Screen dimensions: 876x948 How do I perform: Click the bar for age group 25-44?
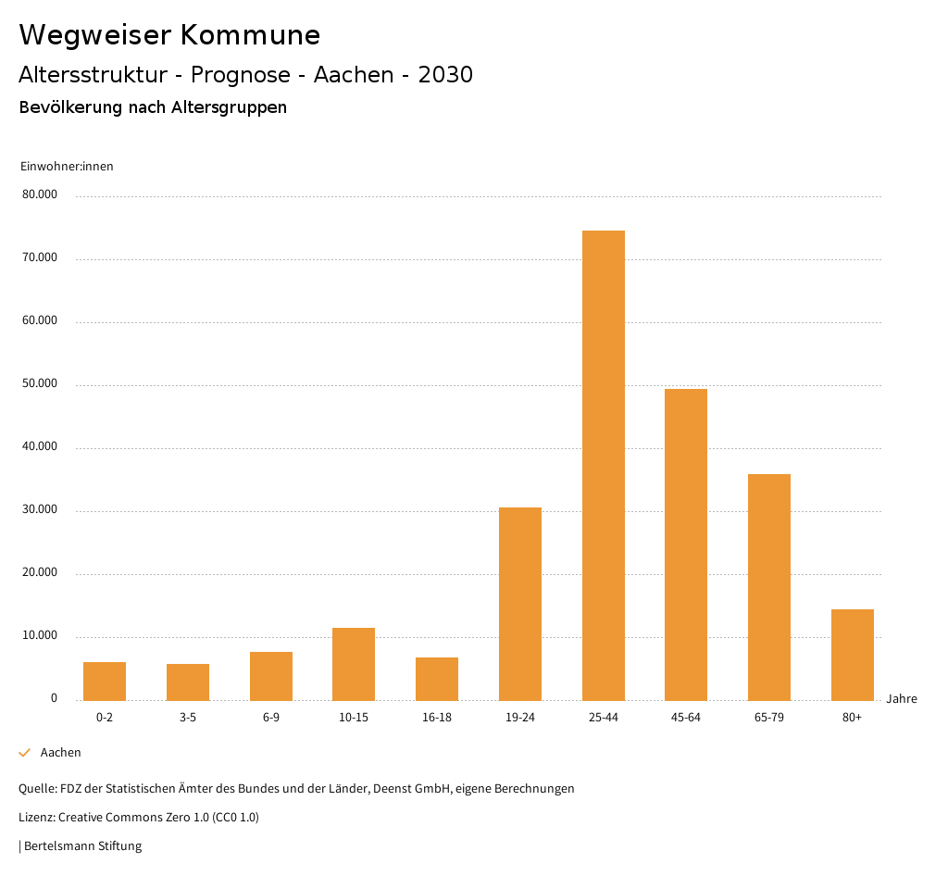coord(604,465)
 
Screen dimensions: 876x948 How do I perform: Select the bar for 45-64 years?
coord(686,544)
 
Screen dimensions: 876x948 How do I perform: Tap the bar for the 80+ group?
coord(853,655)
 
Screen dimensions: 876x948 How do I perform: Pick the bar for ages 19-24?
coord(520,604)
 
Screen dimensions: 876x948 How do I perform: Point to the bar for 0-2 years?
coord(105,681)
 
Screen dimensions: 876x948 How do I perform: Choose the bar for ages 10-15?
coord(354,664)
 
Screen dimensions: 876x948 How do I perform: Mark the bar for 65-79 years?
coord(769,587)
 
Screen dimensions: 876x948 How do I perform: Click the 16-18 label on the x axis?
coord(437,718)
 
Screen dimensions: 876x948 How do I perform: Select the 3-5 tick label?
coord(188,718)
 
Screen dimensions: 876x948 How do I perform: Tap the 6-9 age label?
coord(271,718)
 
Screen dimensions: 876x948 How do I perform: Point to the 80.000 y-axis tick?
coord(40,195)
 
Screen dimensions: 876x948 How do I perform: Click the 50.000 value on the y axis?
coord(40,384)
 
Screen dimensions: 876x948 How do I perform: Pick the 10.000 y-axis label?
coord(40,636)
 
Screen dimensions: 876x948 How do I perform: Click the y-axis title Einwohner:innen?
coord(67,167)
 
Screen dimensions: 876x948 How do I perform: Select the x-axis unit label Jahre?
coord(902,699)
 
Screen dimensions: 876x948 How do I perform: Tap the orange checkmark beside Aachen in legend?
coord(25,753)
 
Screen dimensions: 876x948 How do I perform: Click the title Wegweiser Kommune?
coord(169,35)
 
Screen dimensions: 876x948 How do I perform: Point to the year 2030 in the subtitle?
coord(445,75)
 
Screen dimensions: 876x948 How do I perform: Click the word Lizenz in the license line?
coord(36,818)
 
